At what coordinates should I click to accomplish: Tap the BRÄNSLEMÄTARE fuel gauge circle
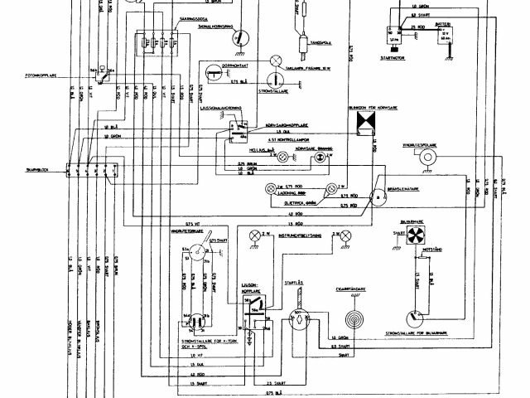pos(379,197)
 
